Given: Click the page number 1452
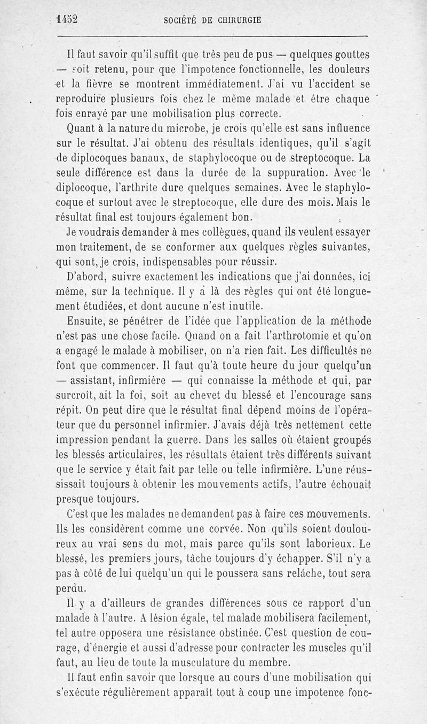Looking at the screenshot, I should point(67,19).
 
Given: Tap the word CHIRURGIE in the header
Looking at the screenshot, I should point(236,20).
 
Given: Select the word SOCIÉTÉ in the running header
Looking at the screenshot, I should point(180,20).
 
